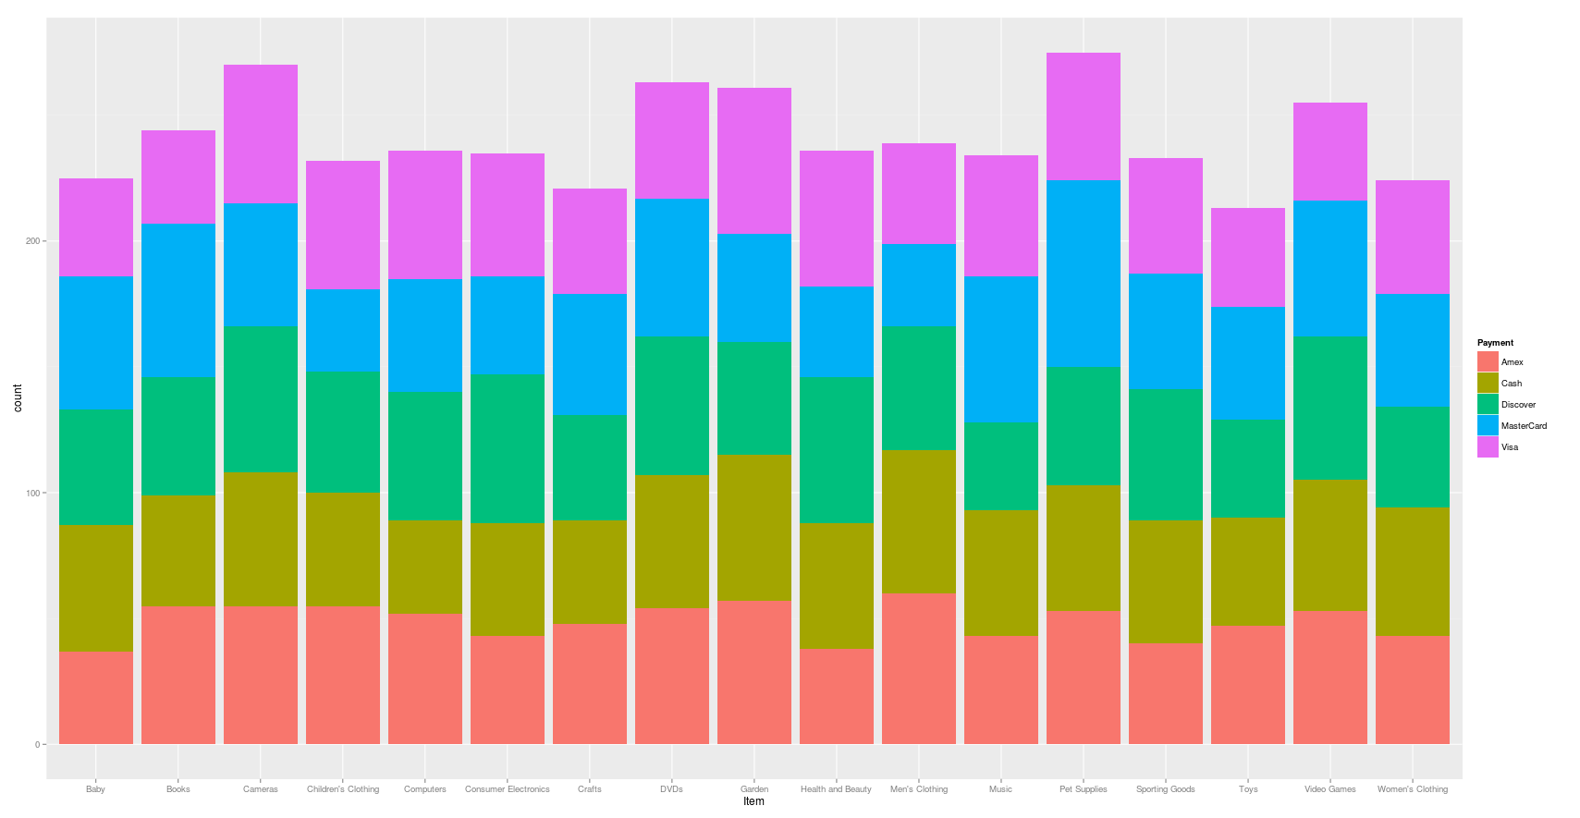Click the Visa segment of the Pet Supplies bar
tap(1083, 116)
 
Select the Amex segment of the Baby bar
tap(95, 698)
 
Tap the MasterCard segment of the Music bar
tap(1000, 349)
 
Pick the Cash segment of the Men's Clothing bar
tap(918, 521)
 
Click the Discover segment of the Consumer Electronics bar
tap(507, 448)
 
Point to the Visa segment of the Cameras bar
tap(260, 134)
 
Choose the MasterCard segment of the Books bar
tap(178, 299)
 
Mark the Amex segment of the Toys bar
tap(1247, 685)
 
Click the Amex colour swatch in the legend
tap(1488, 362)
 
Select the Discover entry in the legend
tap(1518, 405)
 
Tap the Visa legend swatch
tap(1488, 447)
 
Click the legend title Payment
tap(1495, 343)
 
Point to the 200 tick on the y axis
tap(33, 241)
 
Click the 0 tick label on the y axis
tap(38, 745)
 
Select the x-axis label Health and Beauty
tap(836, 789)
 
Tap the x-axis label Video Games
tap(1329, 789)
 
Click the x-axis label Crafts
tap(589, 789)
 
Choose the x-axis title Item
tap(753, 801)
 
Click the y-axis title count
tap(18, 398)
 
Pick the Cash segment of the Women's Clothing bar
tap(1412, 571)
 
